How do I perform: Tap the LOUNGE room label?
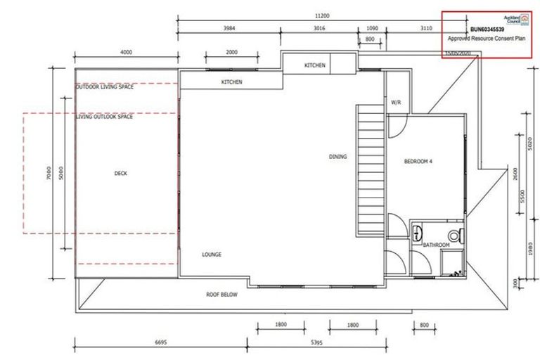click(x=212, y=255)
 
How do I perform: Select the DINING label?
click(x=337, y=157)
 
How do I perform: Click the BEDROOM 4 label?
click(x=418, y=162)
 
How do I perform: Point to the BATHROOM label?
click(x=436, y=245)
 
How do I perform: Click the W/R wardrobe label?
click(x=395, y=103)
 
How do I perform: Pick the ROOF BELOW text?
click(x=221, y=295)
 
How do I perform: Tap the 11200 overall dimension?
click(x=323, y=15)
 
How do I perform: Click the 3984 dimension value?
click(x=229, y=29)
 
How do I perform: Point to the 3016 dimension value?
click(x=319, y=29)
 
